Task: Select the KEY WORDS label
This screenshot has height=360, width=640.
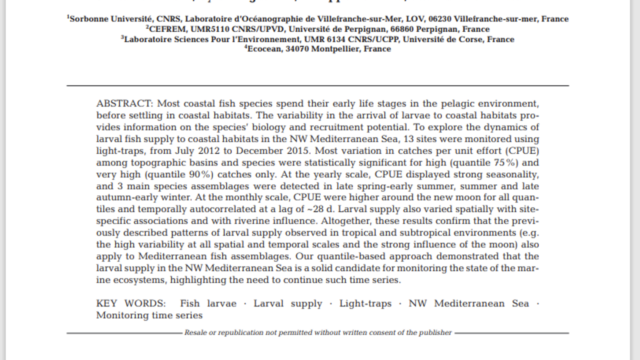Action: point(130,303)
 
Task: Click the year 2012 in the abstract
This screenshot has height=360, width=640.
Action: point(208,150)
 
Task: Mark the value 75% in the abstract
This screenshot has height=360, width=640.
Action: point(506,162)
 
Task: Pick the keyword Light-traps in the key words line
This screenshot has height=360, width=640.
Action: point(365,303)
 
